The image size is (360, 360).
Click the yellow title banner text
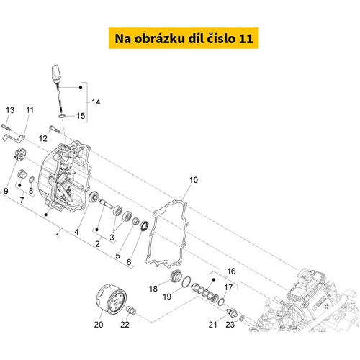point(184,38)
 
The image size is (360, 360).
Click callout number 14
point(96,102)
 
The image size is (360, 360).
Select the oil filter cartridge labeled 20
point(111,299)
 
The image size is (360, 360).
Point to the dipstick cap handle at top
point(57,73)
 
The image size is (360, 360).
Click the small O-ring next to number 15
point(62,116)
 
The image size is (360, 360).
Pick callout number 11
point(30,110)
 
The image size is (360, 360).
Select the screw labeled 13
point(6,127)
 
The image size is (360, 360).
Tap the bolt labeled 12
point(55,129)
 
